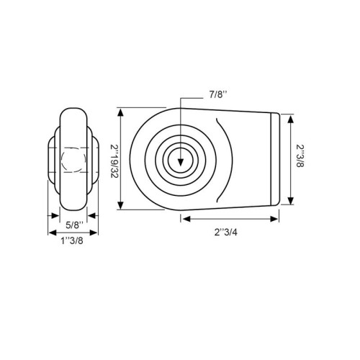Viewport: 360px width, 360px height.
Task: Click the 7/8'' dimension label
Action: point(218,95)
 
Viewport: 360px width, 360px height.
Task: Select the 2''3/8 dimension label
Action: point(300,156)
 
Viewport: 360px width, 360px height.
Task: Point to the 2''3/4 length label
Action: point(226,233)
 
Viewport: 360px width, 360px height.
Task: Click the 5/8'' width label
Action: point(75,225)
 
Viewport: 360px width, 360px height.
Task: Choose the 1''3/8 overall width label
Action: point(72,240)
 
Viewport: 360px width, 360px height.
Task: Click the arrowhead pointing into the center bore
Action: point(181,163)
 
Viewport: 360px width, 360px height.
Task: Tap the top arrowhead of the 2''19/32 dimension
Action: point(121,112)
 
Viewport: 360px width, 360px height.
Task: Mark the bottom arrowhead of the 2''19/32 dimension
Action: point(121,205)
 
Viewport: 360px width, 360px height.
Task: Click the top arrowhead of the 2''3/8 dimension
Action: point(291,119)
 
